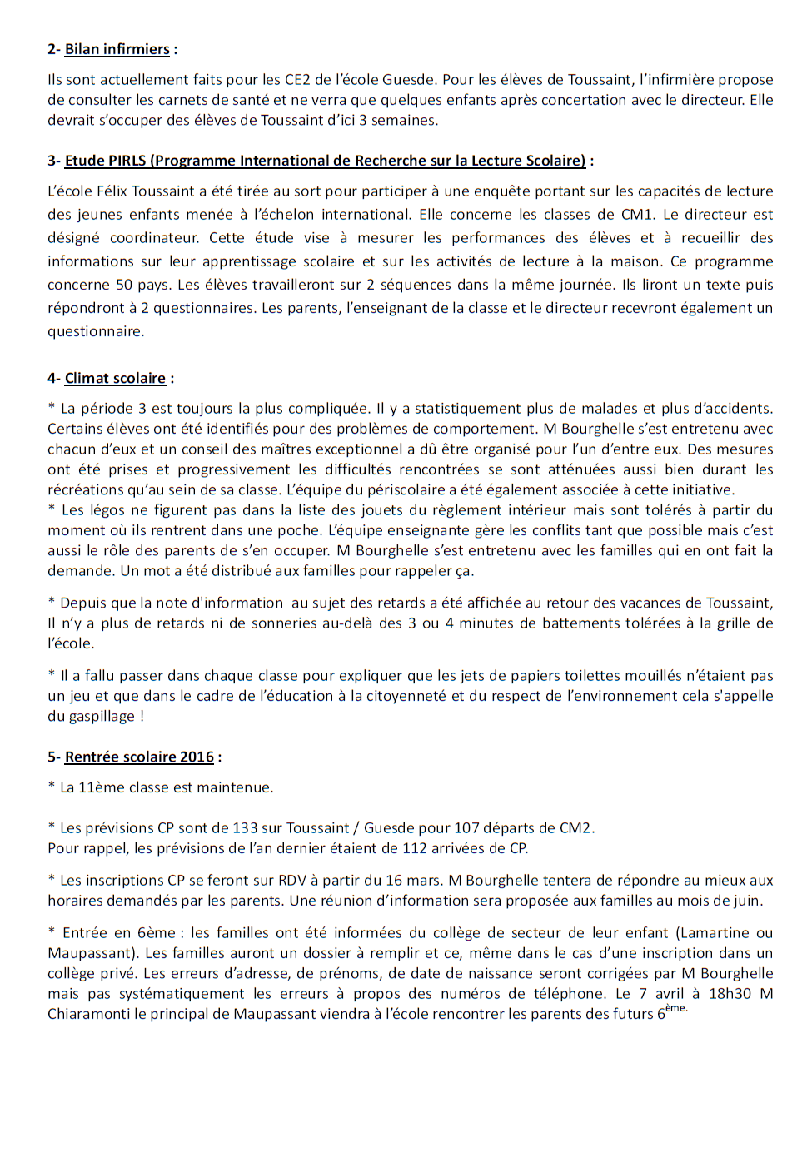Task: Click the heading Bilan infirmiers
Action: [x=117, y=49]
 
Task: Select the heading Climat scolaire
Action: [x=115, y=379]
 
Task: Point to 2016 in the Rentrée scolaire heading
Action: [x=197, y=757]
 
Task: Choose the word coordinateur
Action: [x=154, y=238]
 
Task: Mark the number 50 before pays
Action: [x=124, y=285]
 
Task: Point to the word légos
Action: [x=109, y=510]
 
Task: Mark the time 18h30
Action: [x=730, y=994]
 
